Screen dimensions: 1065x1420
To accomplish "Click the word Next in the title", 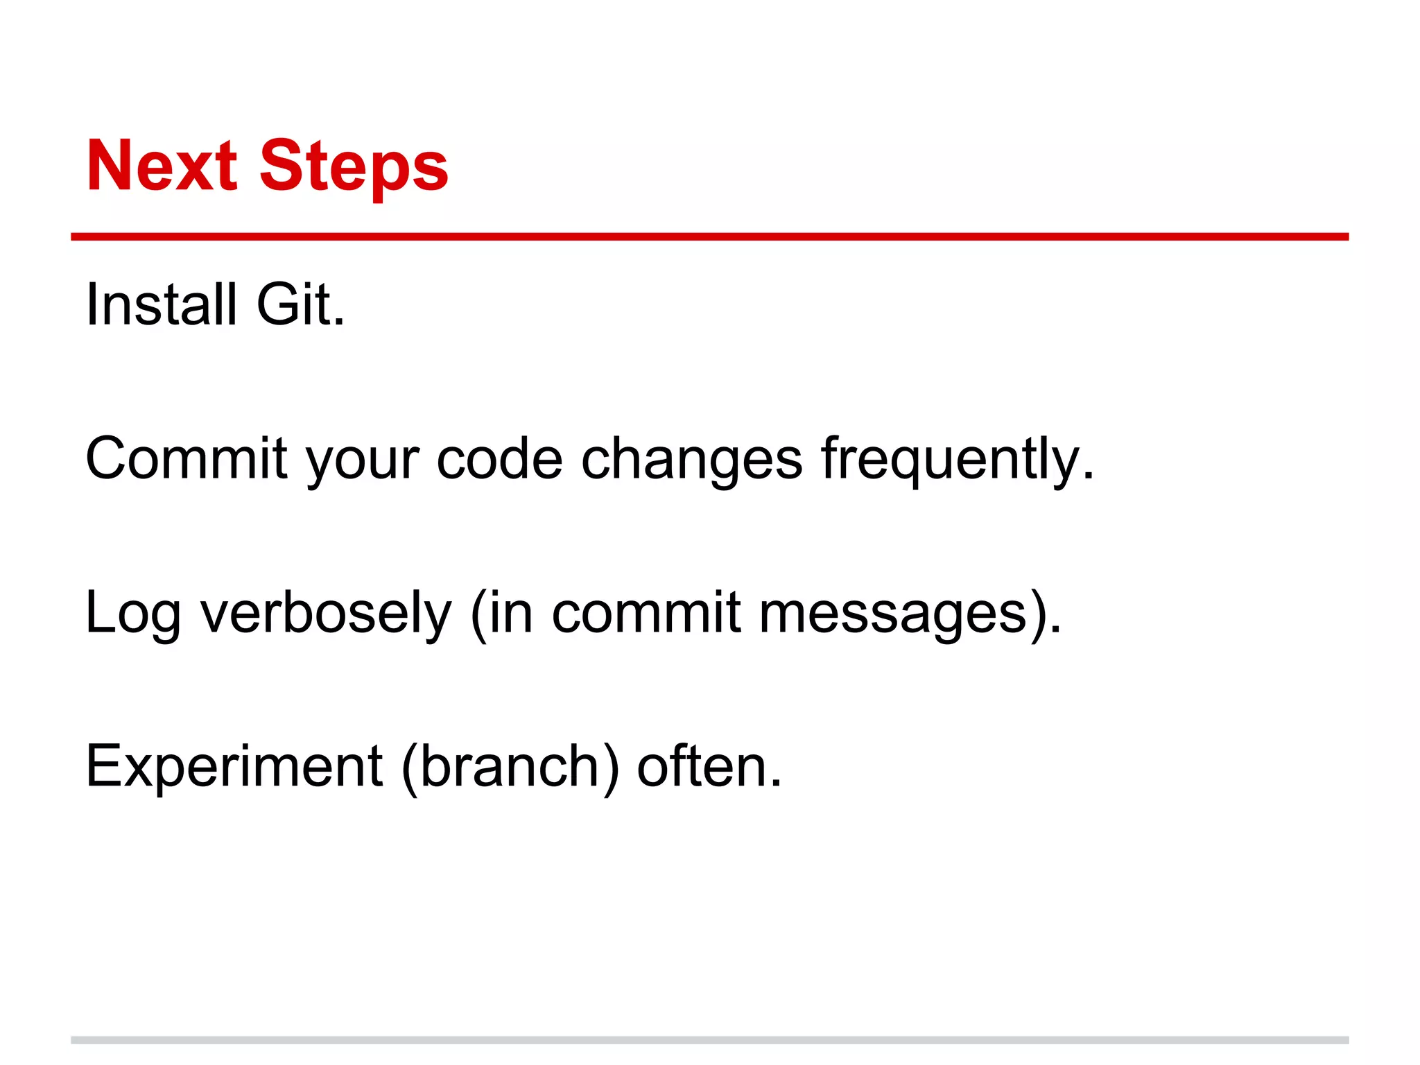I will [x=162, y=166].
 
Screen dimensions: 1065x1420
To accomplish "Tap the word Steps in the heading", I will [x=354, y=167].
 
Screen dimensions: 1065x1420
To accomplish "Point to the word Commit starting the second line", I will [x=186, y=458].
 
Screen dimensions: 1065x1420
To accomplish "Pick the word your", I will [x=363, y=461].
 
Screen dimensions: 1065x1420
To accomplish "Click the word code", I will [x=499, y=458].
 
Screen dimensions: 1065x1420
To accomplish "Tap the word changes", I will [x=691, y=461].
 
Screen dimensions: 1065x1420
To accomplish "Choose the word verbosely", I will [x=326, y=614].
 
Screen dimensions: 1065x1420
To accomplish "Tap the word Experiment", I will [x=234, y=767].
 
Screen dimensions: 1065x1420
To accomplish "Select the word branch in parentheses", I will [x=510, y=767].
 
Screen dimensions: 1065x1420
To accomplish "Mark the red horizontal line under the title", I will [x=709, y=237].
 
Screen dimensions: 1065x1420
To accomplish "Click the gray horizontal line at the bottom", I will [x=709, y=1040].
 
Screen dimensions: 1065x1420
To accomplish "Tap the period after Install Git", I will [x=339, y=322].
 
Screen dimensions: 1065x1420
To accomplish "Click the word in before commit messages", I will [x=511, y=613].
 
